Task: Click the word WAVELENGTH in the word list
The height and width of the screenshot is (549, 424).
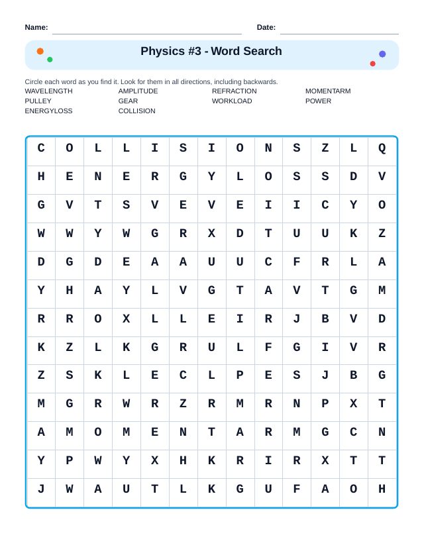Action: click(48, 91)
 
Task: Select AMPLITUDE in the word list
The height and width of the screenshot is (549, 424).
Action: click(138, 91)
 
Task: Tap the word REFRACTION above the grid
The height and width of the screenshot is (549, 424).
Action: click(234, 91)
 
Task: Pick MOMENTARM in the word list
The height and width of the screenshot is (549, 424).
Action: click(328, 91)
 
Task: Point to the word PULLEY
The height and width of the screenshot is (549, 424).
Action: click(38, 101)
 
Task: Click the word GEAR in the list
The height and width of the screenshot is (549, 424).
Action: click(128, 101)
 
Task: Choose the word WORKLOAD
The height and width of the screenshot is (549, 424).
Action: click(232, 101)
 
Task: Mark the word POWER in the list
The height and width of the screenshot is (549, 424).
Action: click(318, 101)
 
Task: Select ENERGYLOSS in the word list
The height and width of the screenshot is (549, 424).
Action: click(48, 111)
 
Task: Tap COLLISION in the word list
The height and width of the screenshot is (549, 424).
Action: click(136, 111)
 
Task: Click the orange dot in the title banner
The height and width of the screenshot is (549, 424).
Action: click(40, 51)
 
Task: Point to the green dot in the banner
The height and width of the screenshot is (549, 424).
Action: click(50, 60)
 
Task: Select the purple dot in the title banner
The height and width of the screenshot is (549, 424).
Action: click(382, 54)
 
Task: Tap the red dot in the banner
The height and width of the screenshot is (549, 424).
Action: click(372, 64)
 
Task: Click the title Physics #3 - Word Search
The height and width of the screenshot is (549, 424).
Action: click(211, 52)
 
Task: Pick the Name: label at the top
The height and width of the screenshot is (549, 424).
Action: click(36, 27)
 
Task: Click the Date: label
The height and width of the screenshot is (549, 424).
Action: click(266, 27)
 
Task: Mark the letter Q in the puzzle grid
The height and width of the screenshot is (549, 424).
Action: click(382, 148)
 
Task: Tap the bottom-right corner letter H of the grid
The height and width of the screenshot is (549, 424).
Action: click(382, 490)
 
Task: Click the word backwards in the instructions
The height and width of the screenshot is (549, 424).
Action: click(260, 82)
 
